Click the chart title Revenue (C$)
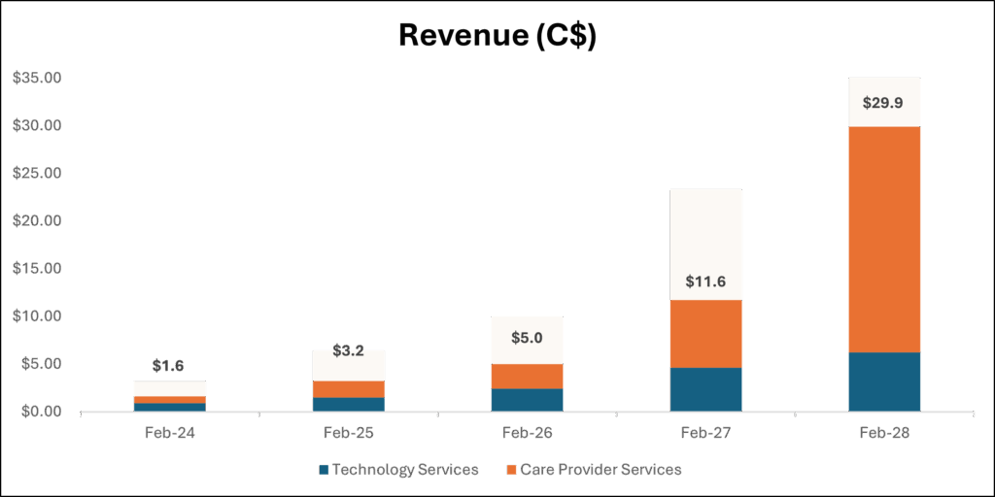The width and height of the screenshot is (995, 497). [497, 37]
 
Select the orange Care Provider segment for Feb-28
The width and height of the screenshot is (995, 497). [884, 240]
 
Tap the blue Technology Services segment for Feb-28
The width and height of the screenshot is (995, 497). [884, 381]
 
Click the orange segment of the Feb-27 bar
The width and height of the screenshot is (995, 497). [705, 334]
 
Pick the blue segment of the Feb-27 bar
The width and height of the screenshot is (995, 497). [705, 389]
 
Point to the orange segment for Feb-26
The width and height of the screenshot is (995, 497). [527, 377]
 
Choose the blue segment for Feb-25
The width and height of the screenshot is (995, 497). [349, 405]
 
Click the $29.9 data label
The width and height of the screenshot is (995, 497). [884, 103]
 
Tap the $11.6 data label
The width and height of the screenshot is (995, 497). [705, 281]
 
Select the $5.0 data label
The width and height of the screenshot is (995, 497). [527, 337]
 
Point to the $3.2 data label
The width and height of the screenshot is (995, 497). [349, 350]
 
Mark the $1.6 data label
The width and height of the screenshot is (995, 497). [169, 366]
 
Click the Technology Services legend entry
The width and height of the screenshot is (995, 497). [397, 470]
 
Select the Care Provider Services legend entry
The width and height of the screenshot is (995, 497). [594, 470]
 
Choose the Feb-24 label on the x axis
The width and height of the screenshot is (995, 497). [169, 434]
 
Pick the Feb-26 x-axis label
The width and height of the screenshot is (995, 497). [528, 434]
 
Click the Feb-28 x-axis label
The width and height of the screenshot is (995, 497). [884, 434]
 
